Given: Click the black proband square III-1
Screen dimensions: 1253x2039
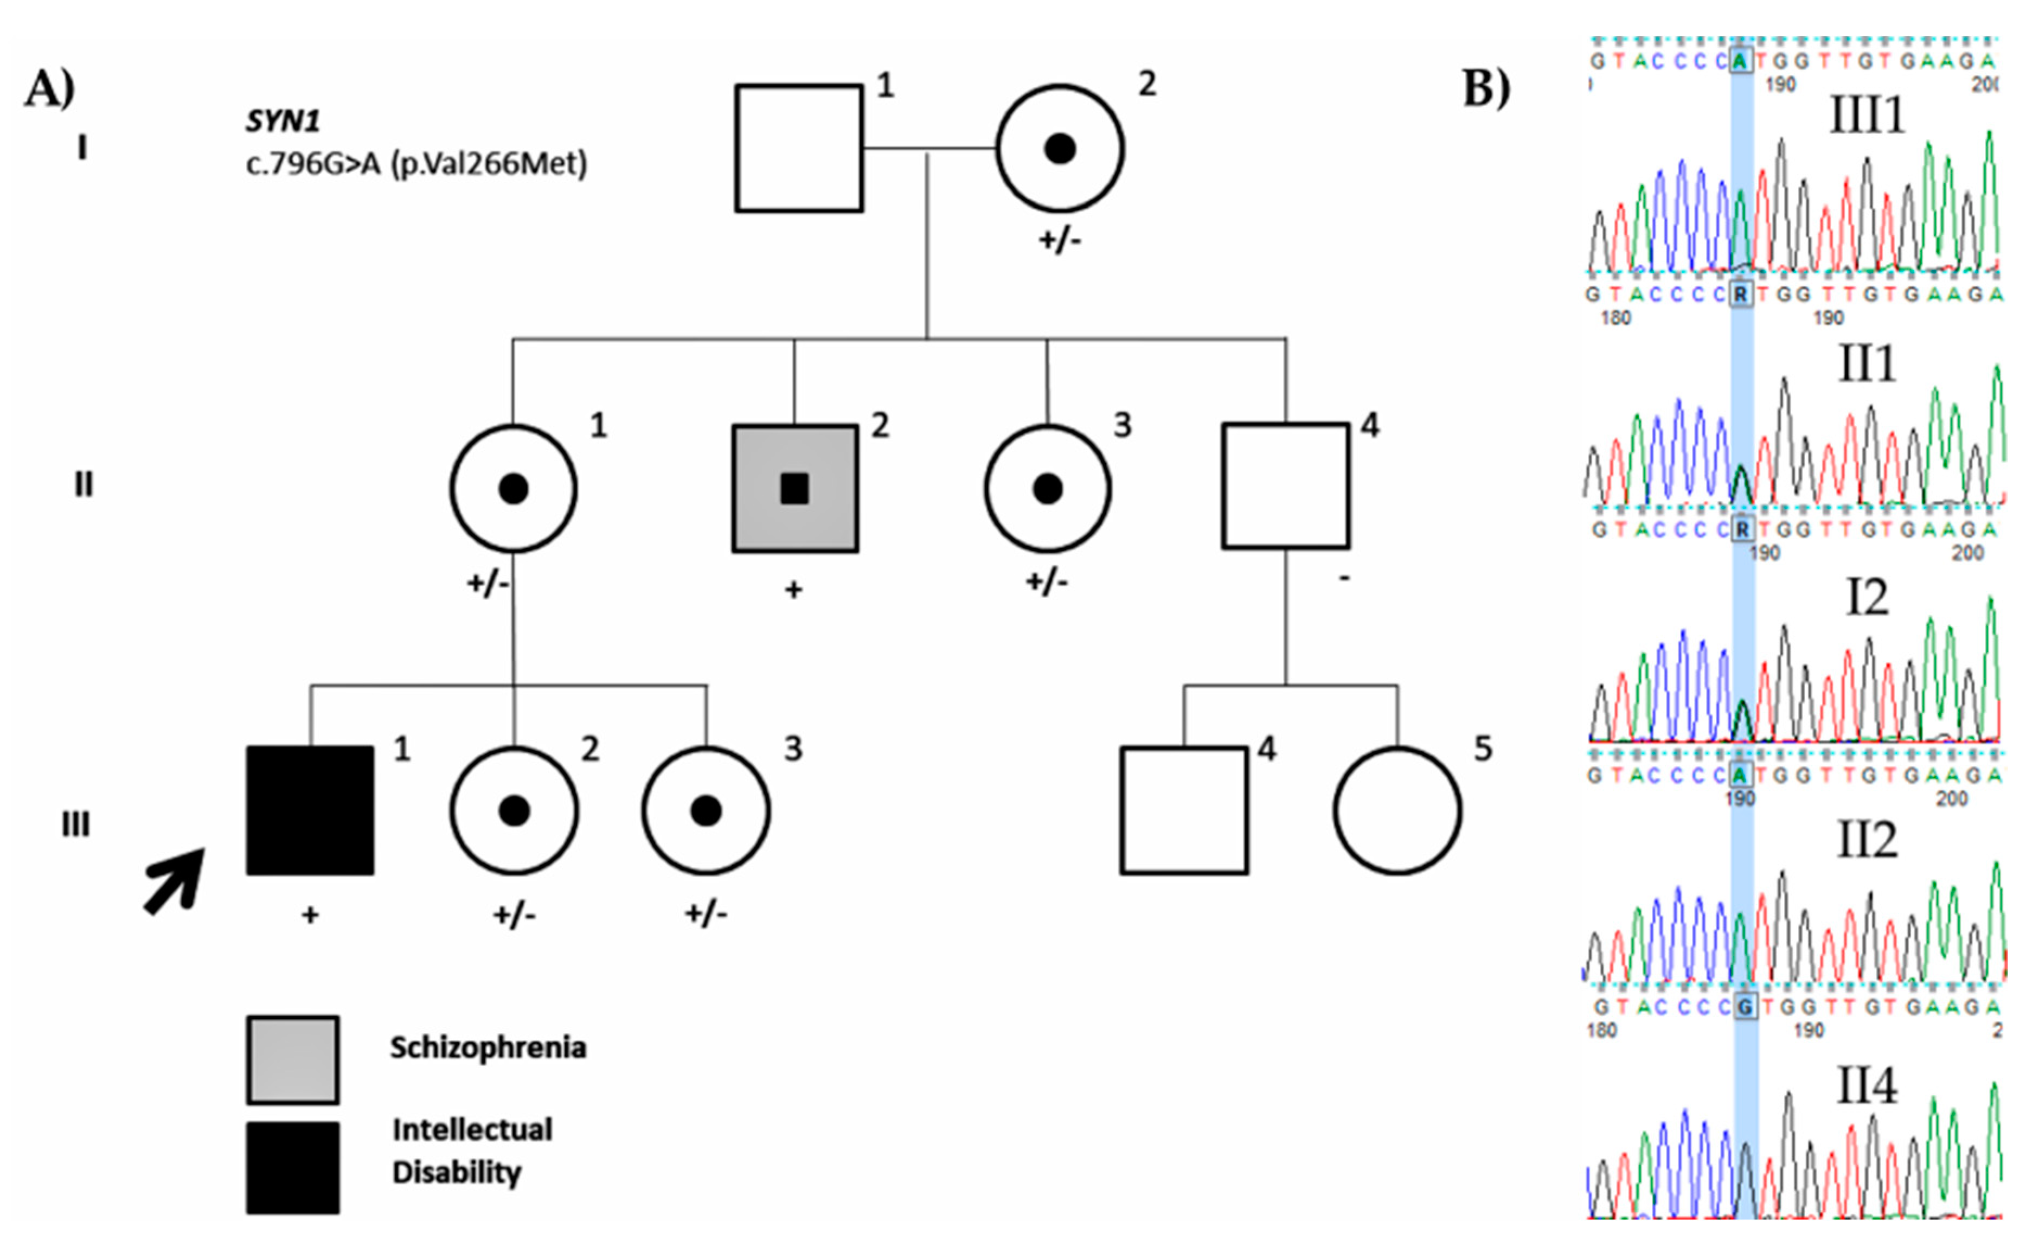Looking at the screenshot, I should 310,810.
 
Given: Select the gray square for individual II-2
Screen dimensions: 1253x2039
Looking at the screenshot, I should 794,488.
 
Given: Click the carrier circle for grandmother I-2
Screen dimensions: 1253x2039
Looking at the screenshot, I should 1060,148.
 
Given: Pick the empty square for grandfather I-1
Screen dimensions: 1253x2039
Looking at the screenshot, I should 799,148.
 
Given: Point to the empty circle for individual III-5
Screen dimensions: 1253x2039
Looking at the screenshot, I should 1397,810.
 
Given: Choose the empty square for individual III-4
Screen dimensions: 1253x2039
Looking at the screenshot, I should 1184,810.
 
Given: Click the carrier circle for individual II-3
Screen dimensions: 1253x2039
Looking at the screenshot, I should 1047,488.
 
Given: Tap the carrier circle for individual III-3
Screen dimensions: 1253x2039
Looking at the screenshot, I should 706,810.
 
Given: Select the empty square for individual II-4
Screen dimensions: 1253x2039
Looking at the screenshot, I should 1286,487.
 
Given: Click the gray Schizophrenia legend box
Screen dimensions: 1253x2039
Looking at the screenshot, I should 292,1060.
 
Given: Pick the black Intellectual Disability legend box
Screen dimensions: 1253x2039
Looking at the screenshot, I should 292,1168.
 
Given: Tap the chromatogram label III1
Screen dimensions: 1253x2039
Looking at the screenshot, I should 1866,114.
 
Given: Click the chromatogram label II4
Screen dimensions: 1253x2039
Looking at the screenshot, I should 1866,1085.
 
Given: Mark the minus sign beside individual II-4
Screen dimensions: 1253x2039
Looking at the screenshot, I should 1344,578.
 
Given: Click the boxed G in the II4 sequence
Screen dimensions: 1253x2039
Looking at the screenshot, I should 1744,1007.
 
